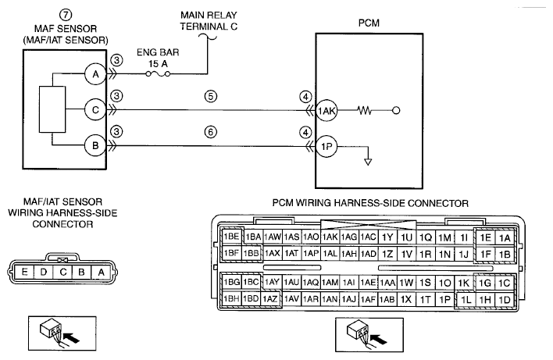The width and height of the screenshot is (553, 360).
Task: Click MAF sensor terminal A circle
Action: click(x=95, y=74)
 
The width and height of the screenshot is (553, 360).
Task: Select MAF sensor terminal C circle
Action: click(x=95, y=110)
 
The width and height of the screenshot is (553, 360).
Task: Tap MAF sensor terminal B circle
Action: click(x=95, y=145)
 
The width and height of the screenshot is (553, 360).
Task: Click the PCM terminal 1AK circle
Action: click(x=326, y=111)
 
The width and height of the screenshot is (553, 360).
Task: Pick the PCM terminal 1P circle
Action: click(x=326, y=146)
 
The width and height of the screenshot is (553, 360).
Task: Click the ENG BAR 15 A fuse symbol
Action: click(x=158, y=73)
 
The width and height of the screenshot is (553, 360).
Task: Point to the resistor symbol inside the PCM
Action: click(x=364, y=111)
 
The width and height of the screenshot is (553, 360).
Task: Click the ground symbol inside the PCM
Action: click(x=368, y=162)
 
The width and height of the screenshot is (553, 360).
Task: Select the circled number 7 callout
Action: click(x=66, y=15)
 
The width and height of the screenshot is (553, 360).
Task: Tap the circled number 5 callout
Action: click(x=211, y=96)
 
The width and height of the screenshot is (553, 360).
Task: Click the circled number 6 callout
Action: click(x=211, y=132)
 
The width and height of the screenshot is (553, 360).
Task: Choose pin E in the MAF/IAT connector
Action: click(x=24, y=273)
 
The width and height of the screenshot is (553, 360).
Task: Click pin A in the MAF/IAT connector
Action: click(x=102, y=273)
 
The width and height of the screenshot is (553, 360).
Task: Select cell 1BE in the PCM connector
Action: click(x=232, y=237)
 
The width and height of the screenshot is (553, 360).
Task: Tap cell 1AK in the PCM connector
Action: click(x=330, y=237)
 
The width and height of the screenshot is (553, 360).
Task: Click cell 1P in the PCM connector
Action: click(x=444, y=300)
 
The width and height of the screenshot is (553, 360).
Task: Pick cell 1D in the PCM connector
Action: click(x=505, y=300)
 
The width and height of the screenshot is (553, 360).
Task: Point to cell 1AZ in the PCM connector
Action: click(x=270, y=299)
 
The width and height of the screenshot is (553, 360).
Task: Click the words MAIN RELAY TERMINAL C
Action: click(x=209, y=21)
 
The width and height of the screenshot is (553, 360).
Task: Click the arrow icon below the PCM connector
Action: click(x=380, y=340)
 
